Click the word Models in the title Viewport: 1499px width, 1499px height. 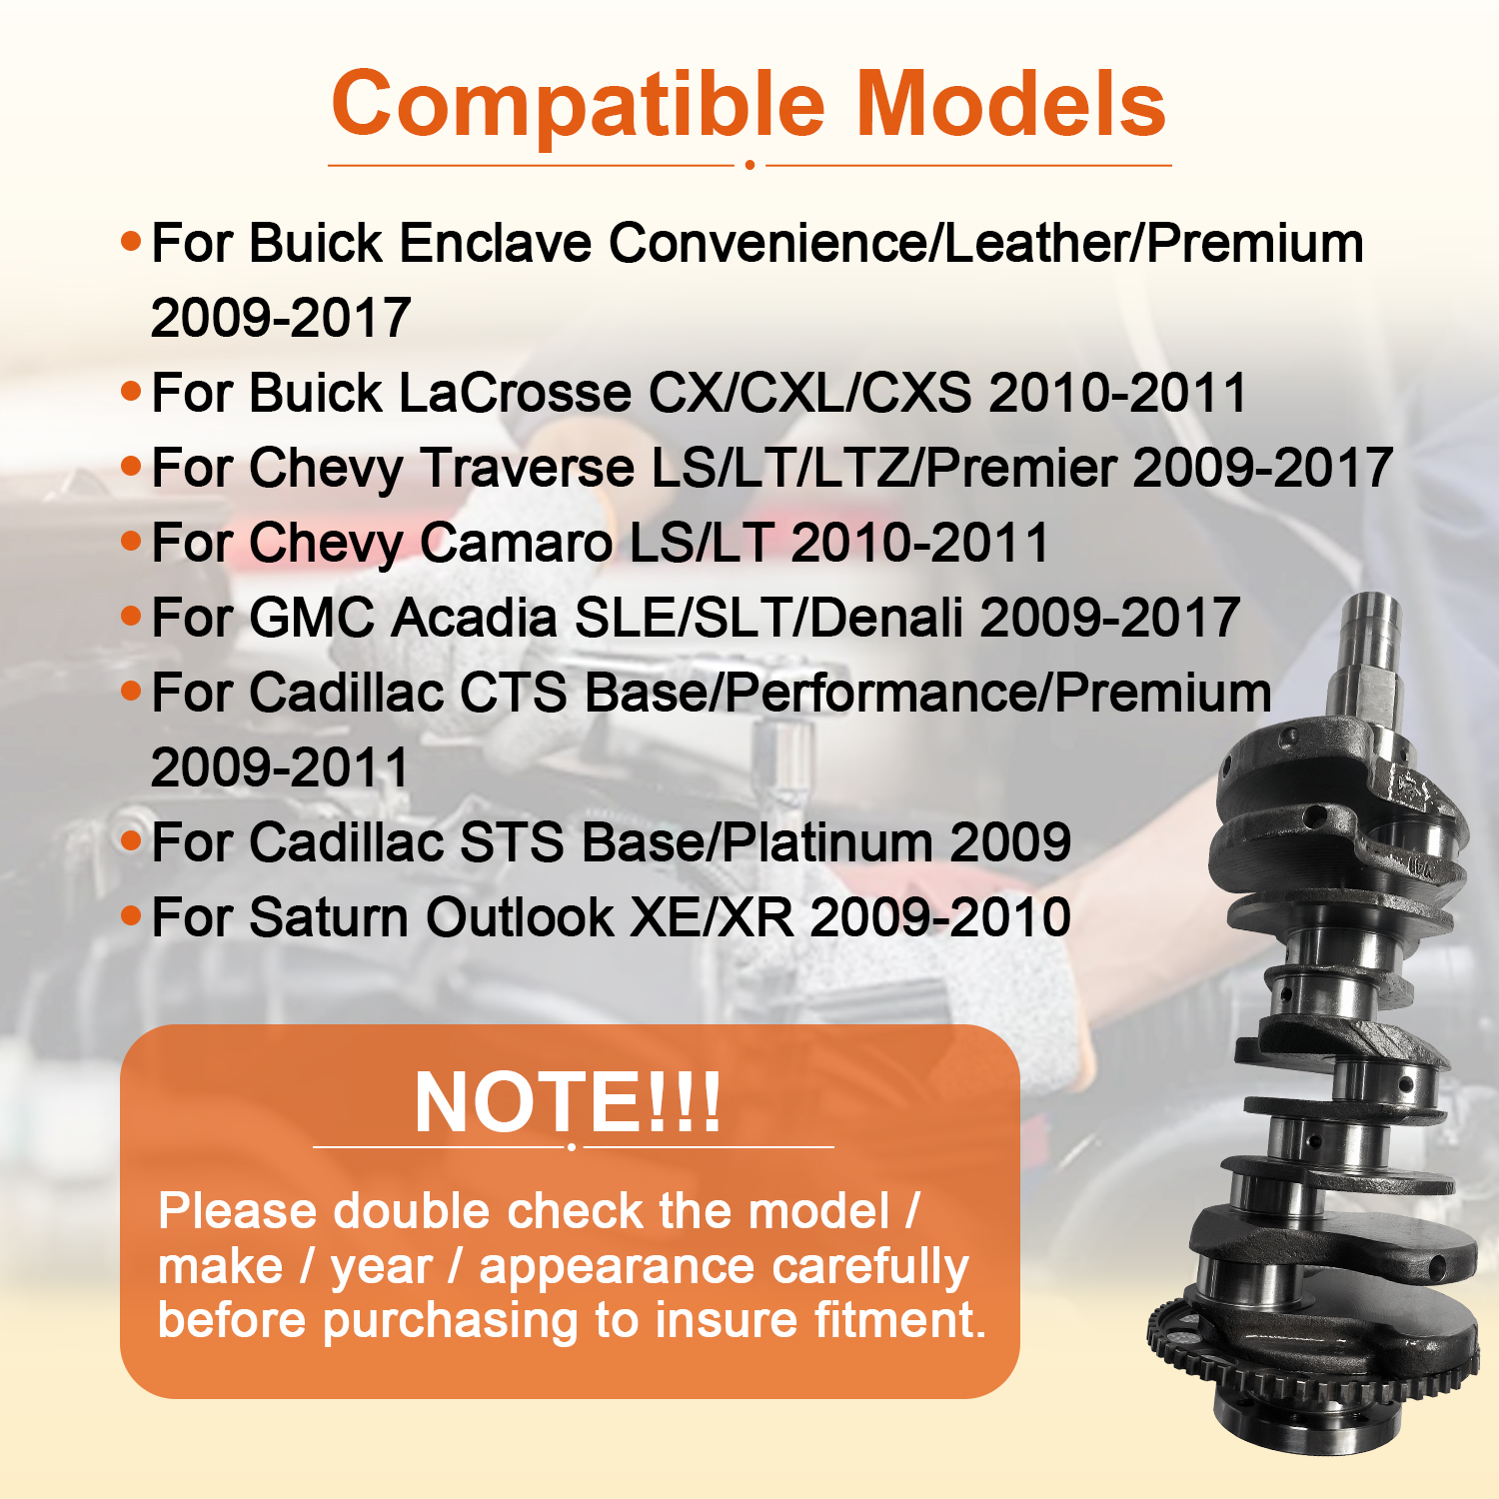click(x=1011, y=104)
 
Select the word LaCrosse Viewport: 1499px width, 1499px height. click(x=515, y=393)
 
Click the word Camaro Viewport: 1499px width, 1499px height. click(x=516, y=543)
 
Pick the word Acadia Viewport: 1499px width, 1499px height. click(x=474, y=618)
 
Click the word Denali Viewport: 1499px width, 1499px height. click(x=886, y=618)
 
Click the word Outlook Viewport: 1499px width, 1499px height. click(x=520, y=917)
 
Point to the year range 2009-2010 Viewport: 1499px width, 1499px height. click(x=940, y=917)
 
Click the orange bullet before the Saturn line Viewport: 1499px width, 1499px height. click(x=131, y=914)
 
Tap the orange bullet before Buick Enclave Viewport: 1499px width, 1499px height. click(x=131, y=241)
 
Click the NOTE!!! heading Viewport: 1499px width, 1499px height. click(x=568, y=1102)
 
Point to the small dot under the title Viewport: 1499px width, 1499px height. click(x=749, y=165)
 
